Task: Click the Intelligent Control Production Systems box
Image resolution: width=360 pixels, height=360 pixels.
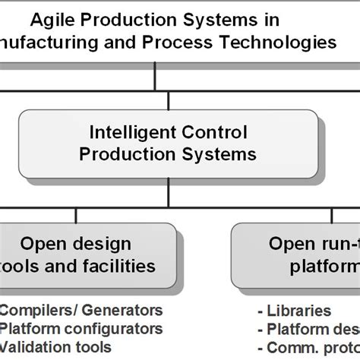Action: coord(169,142)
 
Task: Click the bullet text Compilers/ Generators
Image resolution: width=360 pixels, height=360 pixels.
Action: coord(81,310)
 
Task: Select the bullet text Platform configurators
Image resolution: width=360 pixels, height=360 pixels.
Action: coord(81,328)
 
